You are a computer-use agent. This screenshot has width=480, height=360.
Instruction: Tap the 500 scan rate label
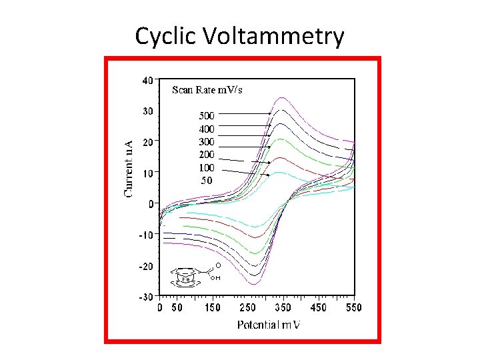click(207, 115)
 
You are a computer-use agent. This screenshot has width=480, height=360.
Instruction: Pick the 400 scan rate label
click(207, 129)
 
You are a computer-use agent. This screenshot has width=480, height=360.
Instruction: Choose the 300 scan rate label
click(207, 141)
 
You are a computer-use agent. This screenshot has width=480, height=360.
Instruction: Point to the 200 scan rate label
click(207, 155)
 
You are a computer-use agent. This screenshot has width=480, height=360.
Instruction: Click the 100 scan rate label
click(207, 167)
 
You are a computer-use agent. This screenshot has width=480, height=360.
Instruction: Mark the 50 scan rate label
click(207, 181)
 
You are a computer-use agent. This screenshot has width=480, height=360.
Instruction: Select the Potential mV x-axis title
click(269, 325)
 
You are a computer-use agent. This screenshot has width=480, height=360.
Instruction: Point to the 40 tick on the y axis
click(147, 79)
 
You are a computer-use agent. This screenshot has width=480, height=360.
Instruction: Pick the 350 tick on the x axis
click(281, 308)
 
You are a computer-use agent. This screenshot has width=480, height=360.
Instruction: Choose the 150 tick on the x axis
click(211, 308)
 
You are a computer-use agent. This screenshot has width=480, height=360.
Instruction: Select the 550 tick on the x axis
click(353, 308)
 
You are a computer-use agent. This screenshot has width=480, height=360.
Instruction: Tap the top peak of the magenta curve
click(282, 97)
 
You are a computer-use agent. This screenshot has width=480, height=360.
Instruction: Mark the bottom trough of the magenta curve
click(253, 284)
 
